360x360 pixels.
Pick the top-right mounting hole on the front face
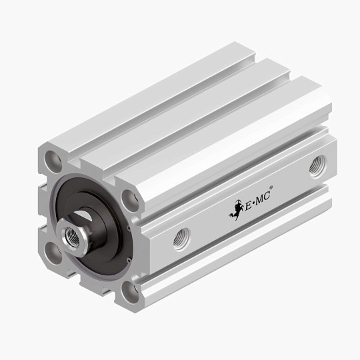131,201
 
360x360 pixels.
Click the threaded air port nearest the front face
181,238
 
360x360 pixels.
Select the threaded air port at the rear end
318,167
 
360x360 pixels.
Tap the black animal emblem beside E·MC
235,210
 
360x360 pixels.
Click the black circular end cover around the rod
100,227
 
